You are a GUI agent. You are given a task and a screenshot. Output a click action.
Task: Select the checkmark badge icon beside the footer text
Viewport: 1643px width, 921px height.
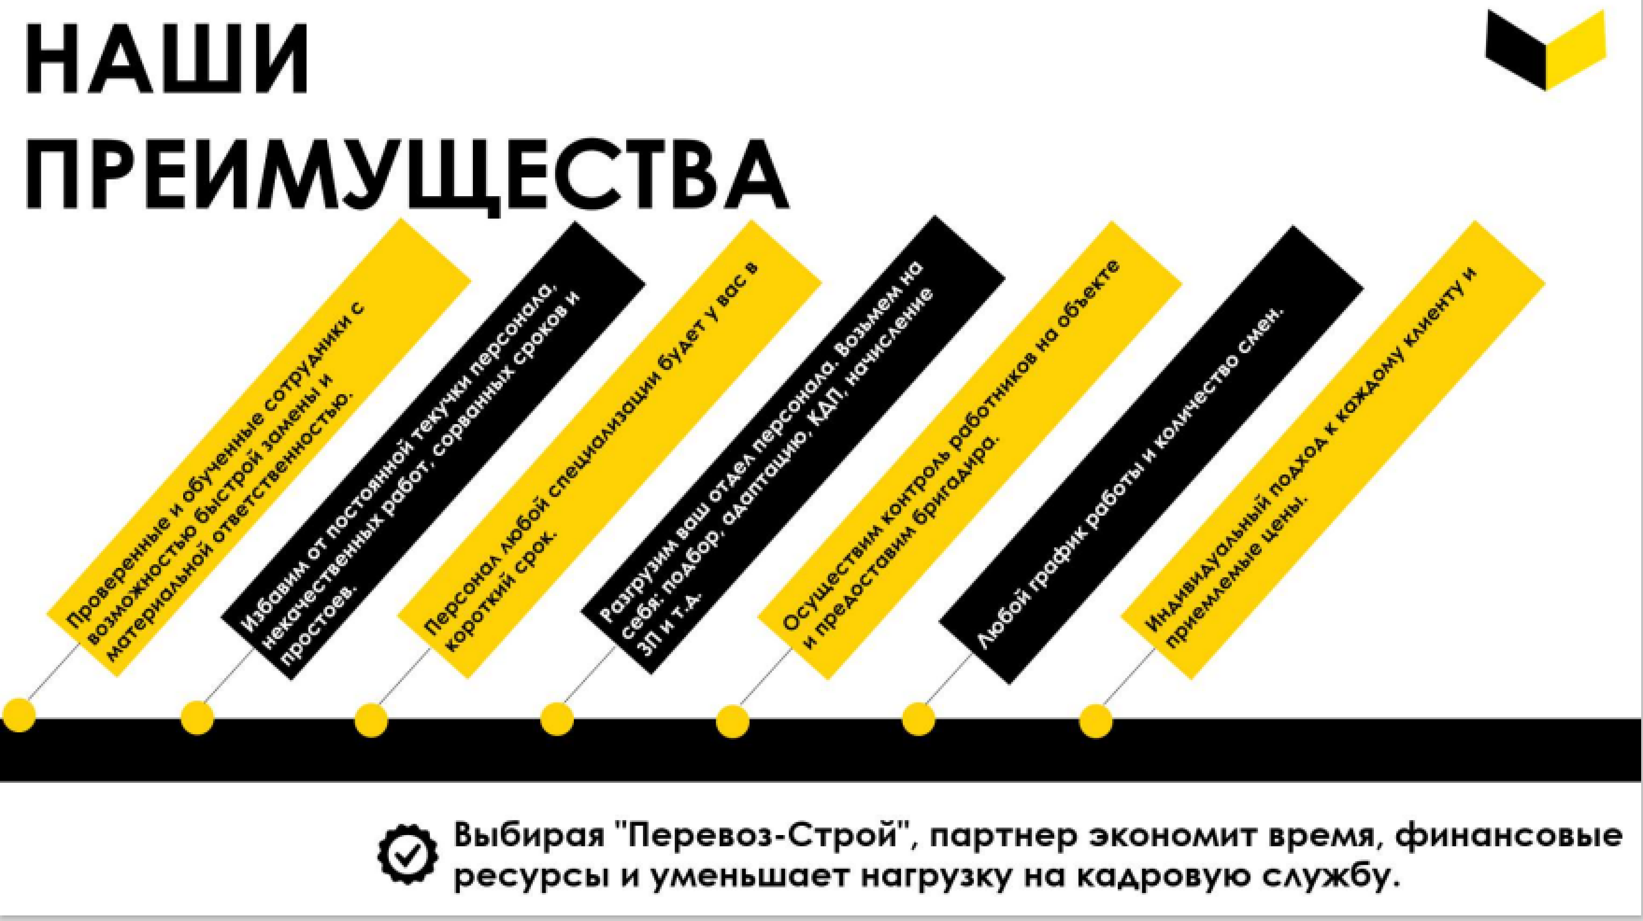tap(408, 853)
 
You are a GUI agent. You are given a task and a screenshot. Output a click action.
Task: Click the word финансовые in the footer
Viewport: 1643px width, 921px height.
tap(1508, 836)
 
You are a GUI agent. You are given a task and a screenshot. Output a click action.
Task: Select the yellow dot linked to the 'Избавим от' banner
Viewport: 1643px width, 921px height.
tap(197, 718)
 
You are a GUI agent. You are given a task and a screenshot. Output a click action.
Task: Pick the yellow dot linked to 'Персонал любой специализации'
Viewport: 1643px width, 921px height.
tap(371, 721)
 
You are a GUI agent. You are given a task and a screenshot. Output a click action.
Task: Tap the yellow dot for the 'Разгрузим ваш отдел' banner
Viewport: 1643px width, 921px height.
tap(557, 720)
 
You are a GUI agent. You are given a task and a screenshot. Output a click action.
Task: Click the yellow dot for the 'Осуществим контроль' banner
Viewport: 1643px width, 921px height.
tap(732, 722)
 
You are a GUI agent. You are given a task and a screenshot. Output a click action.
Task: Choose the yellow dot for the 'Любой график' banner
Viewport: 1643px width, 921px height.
tap(918, 720)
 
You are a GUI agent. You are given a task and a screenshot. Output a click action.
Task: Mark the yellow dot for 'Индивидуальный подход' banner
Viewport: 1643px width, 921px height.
tap(1096, 722)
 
